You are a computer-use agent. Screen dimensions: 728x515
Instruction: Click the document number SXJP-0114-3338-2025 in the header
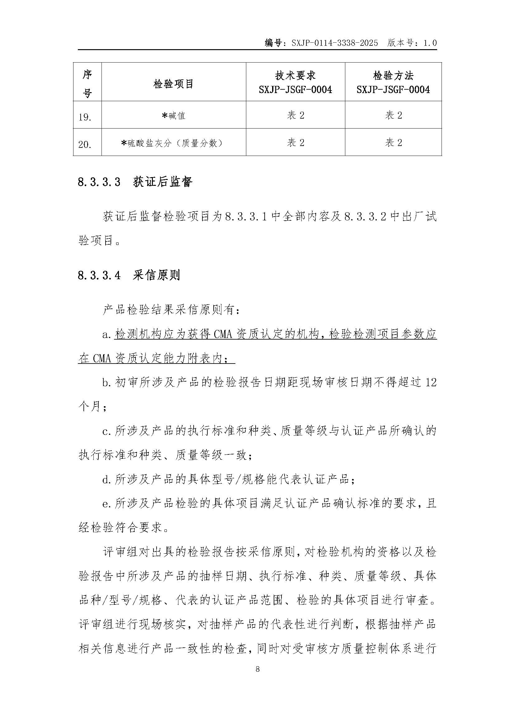coord(334,43)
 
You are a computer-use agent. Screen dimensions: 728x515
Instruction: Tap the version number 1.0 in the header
coord(430,43)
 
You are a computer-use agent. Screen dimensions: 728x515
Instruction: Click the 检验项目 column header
coord(173,84)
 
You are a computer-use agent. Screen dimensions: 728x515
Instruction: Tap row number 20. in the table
coord(85,145)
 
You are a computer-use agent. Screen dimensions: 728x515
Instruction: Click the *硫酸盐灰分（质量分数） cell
coord(173,143)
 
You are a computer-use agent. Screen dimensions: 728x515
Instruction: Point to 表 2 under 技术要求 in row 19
coord(295,115)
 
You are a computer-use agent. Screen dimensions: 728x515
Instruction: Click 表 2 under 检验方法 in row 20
coord(394,143)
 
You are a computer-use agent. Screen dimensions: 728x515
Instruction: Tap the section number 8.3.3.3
coord(99,182)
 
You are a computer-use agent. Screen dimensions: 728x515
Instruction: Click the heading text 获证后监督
coord(163,182)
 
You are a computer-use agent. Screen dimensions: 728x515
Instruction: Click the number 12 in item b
coord(431,383)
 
